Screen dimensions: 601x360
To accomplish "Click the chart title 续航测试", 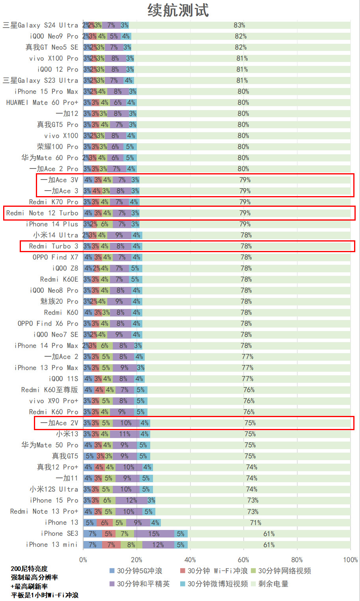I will point(178,10).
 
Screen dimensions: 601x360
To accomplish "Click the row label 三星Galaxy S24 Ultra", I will point(41,25).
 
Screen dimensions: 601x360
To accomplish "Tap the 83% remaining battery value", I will point(239,25).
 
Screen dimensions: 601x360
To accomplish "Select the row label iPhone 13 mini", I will point(52,545).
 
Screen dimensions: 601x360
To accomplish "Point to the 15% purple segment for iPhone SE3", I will point(154,534).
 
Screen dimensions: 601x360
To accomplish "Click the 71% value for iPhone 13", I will point(256,523).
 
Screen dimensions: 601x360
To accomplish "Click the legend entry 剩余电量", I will point(273,584).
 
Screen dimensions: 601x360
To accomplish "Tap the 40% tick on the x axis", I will point(190,560).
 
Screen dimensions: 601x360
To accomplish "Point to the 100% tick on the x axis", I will point(350,560).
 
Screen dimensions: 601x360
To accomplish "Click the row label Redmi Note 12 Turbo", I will point(42,213).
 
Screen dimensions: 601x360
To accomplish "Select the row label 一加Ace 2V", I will point(59,423).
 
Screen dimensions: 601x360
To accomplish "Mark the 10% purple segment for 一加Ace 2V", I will point(126,423).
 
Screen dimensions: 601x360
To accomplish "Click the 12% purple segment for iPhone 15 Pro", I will point(131,500).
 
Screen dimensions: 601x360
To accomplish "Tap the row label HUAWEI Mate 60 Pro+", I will point(42,103).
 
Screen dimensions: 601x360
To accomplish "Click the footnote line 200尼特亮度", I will point(29,569).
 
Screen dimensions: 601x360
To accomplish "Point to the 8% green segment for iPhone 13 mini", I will point(131,545).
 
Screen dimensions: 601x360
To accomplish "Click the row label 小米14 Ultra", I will point(56,235).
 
